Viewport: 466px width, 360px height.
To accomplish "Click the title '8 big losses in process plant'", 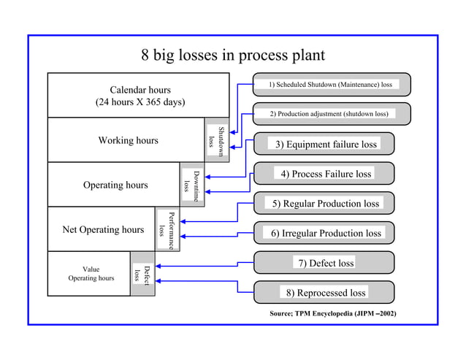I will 232,56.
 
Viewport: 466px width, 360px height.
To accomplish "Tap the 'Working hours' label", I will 128,140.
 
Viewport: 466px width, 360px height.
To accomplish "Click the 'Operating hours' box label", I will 115,185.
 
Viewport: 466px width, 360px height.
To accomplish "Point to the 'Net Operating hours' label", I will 103,229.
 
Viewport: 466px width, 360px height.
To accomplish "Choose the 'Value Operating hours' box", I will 91,274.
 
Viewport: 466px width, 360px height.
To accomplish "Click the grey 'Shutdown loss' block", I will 217,139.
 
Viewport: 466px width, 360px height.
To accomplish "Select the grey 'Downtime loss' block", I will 192,185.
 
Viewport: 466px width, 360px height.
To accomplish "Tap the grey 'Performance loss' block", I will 167,229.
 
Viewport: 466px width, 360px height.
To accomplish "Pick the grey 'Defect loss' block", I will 142,274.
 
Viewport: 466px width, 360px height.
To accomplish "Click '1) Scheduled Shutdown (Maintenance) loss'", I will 330,85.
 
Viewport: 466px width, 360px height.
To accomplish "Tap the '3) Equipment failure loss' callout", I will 326,144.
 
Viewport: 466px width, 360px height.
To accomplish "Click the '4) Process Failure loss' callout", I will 326,174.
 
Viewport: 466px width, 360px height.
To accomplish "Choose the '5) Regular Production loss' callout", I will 326,203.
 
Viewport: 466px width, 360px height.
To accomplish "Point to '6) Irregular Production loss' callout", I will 326,233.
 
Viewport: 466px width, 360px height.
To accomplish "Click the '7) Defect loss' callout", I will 325,263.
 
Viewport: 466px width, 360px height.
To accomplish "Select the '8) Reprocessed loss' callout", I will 326,293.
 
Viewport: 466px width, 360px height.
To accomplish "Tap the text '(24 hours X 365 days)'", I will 140,102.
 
